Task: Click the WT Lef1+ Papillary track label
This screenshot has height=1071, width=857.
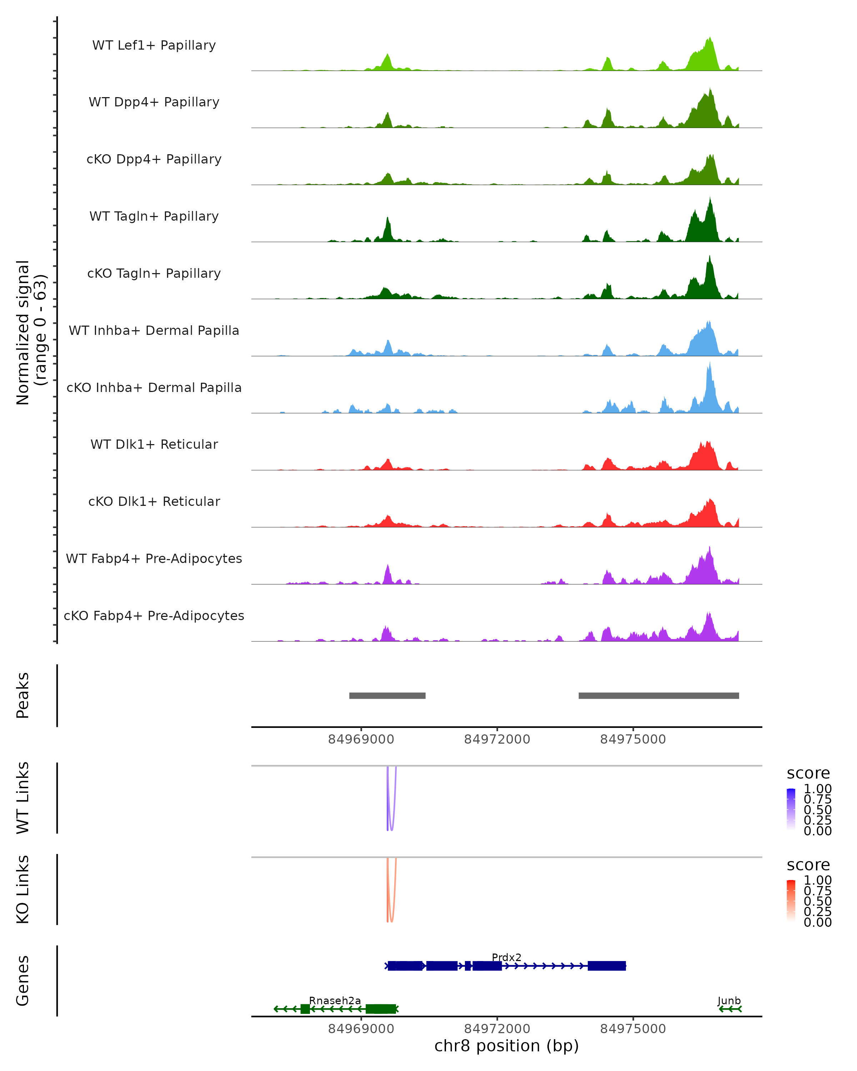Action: [154, 45]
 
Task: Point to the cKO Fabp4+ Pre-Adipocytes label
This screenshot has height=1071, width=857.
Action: [154, 615]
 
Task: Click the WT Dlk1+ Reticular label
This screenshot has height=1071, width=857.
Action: [154, 444]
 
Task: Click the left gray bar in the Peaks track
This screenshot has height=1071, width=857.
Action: [387, 695]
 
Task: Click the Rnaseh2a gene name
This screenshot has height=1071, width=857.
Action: [335, 1000]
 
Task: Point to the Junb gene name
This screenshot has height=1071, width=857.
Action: [729, 1000]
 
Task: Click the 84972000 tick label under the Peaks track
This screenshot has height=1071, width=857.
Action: [497, 739]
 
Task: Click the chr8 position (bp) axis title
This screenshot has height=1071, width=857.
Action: [506, 1046]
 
